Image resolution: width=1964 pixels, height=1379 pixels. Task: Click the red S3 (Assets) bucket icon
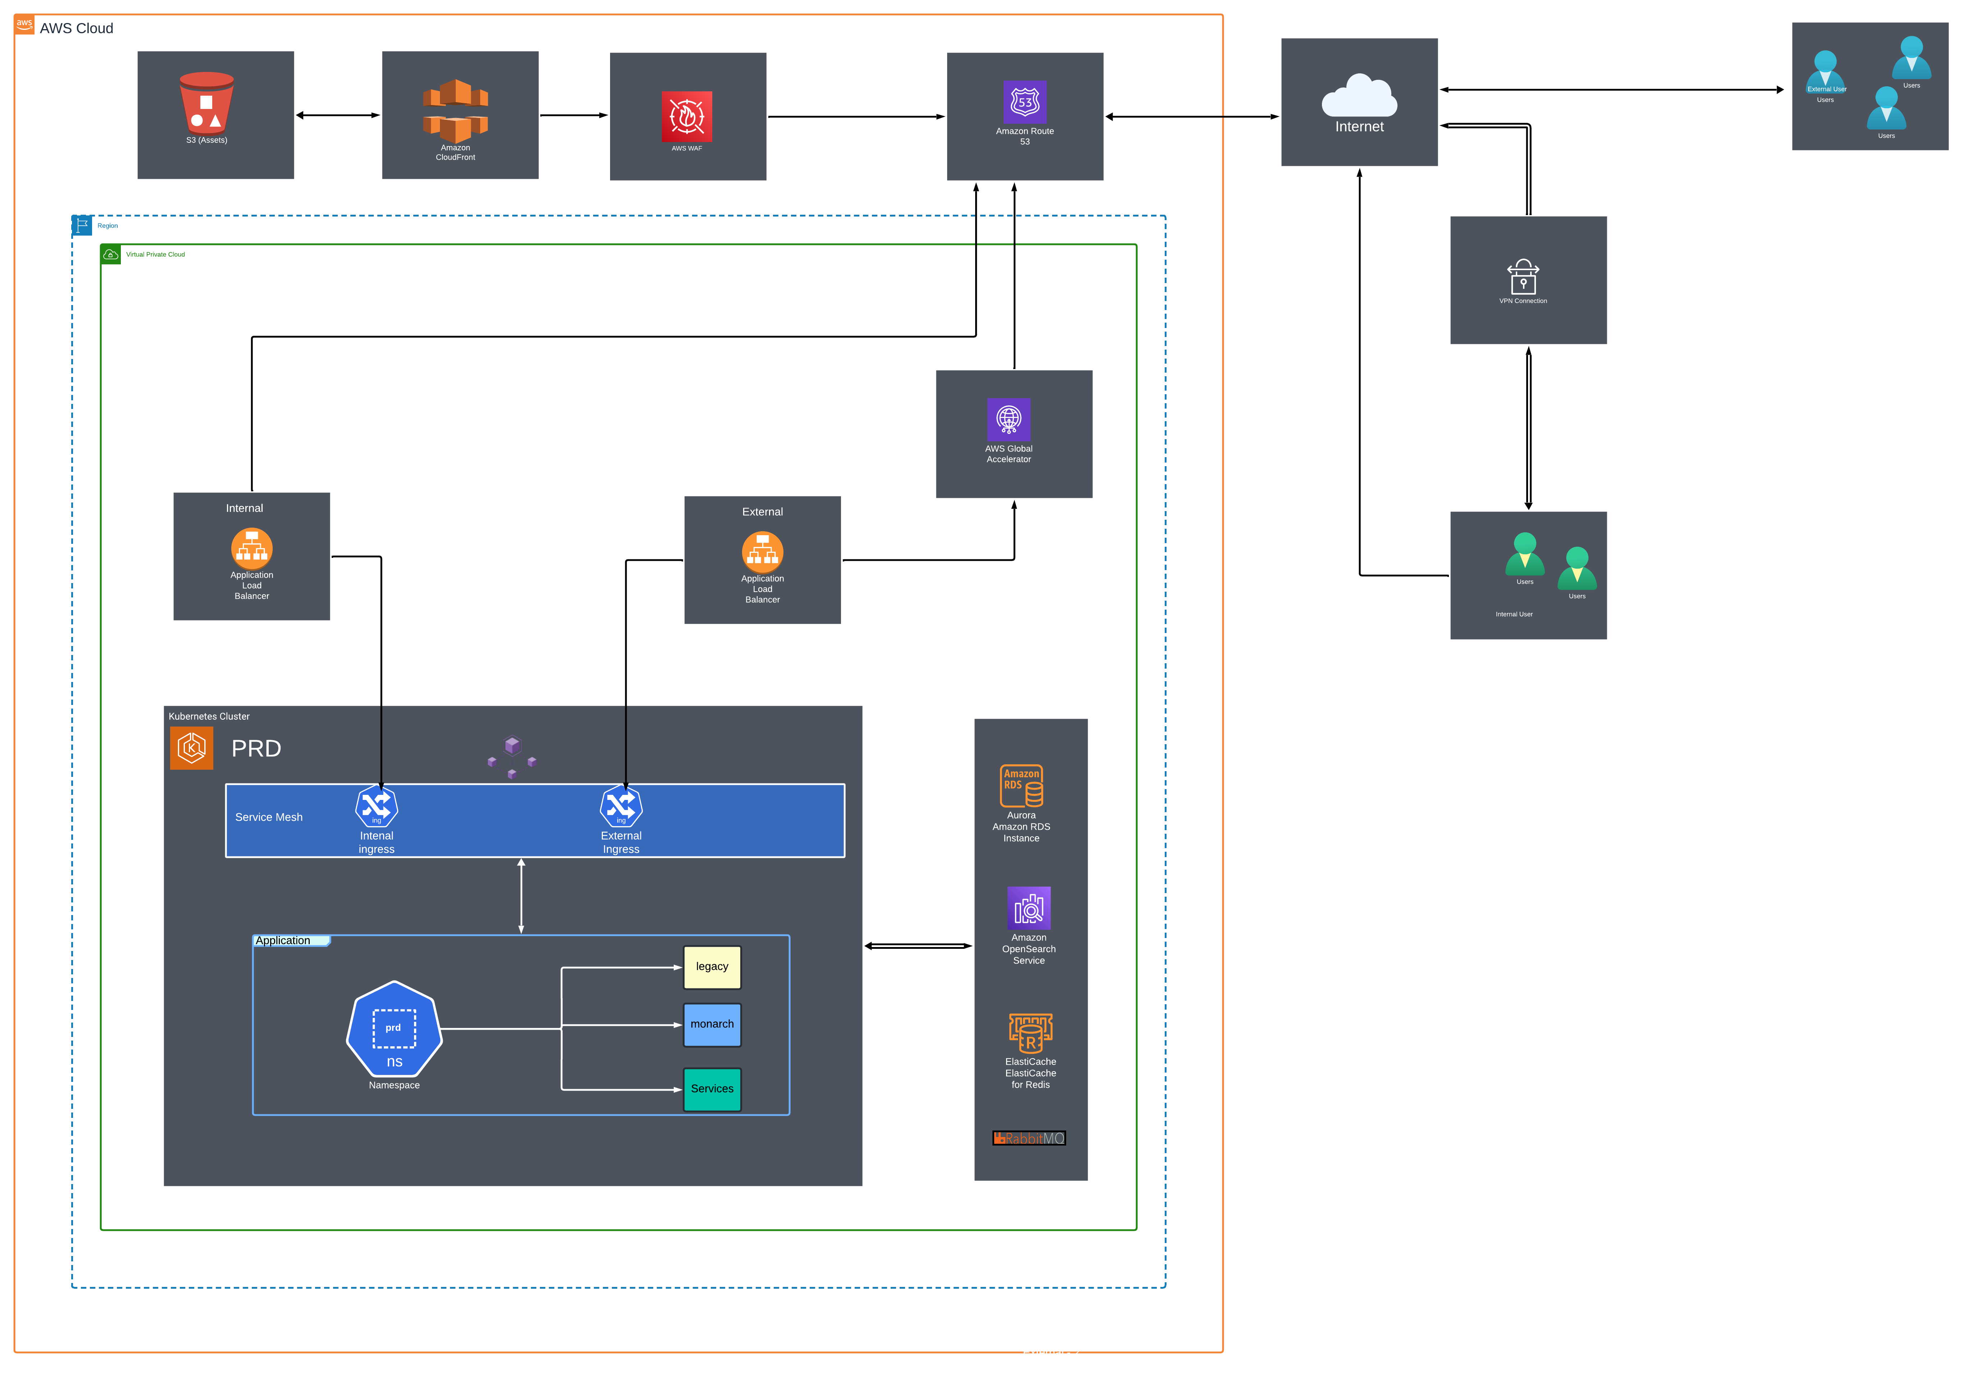tap(206, 103)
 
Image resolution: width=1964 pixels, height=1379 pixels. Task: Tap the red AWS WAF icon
tap(687, 116)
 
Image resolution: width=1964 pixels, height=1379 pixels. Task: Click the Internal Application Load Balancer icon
tap(251, 549)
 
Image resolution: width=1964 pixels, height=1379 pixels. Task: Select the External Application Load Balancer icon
tap(762, 552)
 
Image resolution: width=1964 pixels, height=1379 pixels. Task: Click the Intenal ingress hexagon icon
tap(376, 806)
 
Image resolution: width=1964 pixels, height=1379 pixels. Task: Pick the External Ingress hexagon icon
tap(621, 806)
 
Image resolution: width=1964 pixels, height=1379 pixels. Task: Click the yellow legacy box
tap(712, 967)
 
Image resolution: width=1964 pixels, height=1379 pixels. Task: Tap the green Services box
tap(712, 1089)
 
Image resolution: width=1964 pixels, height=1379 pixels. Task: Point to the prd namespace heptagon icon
tap(394, 1029)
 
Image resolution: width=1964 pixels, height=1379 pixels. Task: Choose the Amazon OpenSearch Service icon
tap(1029, 909)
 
